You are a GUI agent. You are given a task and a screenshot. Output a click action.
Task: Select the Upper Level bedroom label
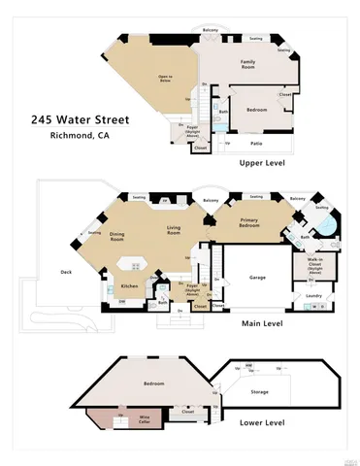255,111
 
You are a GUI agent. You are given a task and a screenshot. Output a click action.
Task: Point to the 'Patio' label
256,142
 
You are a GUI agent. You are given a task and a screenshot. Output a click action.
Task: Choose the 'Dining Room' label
117,236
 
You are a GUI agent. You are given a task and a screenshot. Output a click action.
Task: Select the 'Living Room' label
174,231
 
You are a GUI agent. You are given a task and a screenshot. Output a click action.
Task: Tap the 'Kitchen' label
129,285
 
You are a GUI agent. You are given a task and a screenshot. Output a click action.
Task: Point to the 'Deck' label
66,272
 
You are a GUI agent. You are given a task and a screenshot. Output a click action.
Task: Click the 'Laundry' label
312,295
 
